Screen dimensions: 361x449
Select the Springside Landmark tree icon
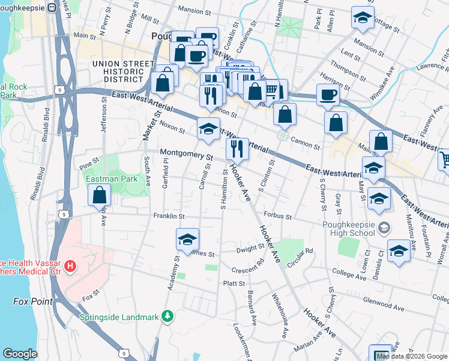(169, 316)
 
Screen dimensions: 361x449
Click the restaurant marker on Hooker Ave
(237, 150)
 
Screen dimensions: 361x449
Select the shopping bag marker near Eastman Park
(99, 196)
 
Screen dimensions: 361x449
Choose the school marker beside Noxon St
(208, 130)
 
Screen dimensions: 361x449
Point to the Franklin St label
(168, 215)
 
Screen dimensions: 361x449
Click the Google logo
(20, 353)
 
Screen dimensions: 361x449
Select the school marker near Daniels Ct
(399, 251)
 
